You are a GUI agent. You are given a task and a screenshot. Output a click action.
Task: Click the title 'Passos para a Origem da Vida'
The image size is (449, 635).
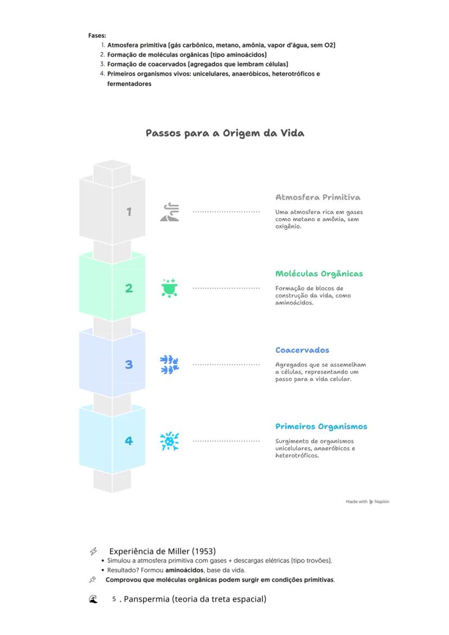click(224, 133)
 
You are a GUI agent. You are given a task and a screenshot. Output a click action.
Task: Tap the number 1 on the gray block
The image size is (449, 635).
click(129, 211)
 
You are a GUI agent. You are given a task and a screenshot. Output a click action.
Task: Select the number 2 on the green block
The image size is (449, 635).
click(129, 288)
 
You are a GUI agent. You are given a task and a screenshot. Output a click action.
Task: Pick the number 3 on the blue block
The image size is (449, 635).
click(129, 364)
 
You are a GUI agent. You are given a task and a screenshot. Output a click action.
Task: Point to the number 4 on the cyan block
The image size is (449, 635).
click(129, 441)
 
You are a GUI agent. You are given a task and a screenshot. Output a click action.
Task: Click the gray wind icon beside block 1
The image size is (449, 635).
click(170, 211)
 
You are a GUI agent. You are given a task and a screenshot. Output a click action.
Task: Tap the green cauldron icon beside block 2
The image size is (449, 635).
click(170, 288)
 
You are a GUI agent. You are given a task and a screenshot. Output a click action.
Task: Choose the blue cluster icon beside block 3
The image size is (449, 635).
click(170, 364)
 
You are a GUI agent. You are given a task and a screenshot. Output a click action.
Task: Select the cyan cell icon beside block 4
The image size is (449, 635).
click(170, 441)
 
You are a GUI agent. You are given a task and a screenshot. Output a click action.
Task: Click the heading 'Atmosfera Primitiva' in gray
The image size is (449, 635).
click(318, 197)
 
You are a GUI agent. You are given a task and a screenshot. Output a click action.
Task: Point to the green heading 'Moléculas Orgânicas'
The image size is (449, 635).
click(319, 274)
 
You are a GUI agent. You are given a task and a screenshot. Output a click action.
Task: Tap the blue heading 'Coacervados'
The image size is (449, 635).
click(302, 350)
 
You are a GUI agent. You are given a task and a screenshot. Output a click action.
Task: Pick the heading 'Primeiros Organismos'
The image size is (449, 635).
click(321, 427)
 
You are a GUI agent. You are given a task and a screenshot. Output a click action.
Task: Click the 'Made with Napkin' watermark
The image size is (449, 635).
click(367, 502)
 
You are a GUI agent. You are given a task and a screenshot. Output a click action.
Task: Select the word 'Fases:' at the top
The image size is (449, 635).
click(93, 36)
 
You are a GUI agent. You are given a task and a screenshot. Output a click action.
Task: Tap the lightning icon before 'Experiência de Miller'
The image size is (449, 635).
click(93, 551)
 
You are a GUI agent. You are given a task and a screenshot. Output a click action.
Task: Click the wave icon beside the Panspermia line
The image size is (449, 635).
click(93, 599)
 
